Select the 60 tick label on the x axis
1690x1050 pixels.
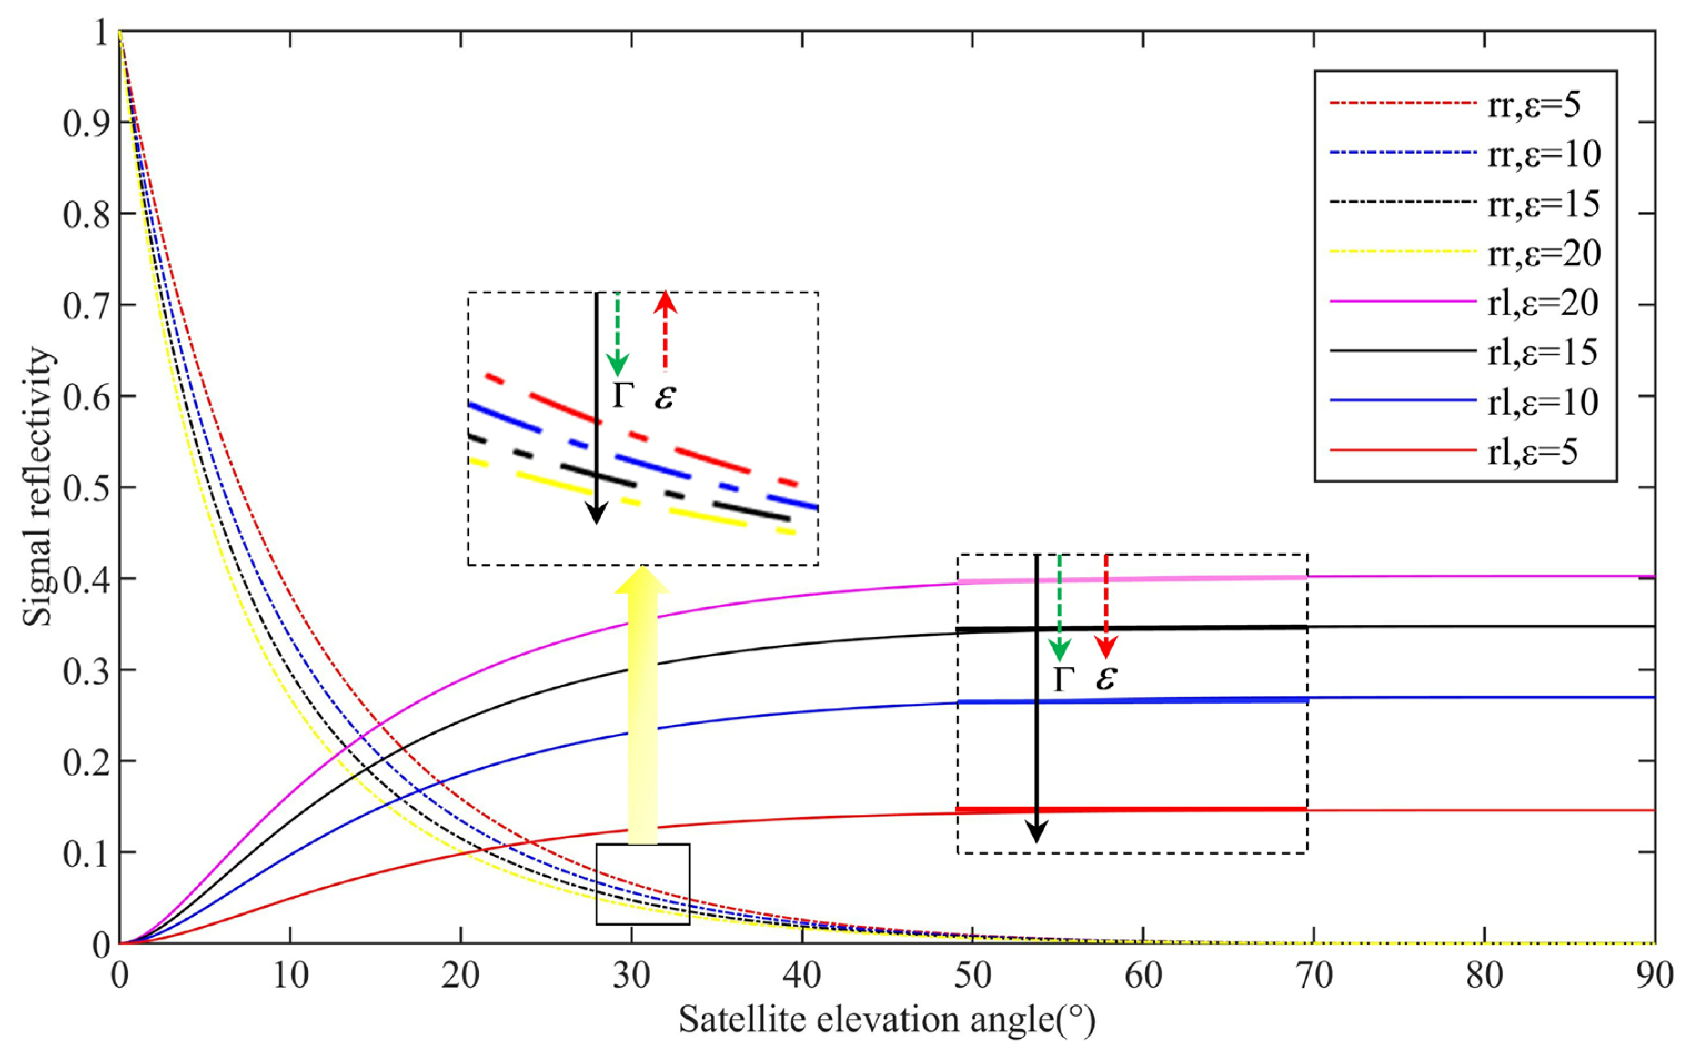[1143, 976]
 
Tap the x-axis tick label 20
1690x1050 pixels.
[460, 976]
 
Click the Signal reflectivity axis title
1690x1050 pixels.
[38, 486]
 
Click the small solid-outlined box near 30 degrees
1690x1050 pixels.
[642, 883]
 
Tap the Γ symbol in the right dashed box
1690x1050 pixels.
[1060, 679]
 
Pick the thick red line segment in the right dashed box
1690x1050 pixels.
[1132, 810]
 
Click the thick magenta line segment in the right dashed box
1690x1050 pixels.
[1132, 579]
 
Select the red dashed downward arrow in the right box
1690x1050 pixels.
[1105, 604]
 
